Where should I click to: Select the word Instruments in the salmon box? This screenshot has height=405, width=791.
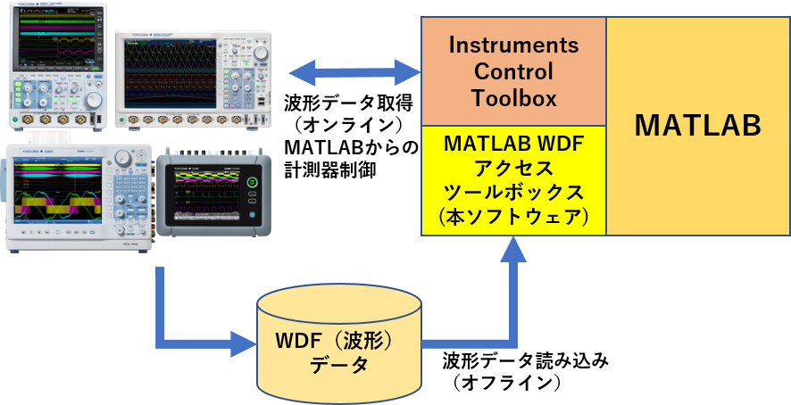tap(513, 45)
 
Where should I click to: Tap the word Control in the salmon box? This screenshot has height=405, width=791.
tap(513, 71)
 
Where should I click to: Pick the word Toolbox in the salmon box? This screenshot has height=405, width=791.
tap(513, 98)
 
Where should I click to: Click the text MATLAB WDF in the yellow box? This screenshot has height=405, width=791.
tap(514, 142)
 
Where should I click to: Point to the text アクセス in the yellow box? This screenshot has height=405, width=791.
tap(514, 167)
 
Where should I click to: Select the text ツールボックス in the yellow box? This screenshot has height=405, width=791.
tap(514, 192)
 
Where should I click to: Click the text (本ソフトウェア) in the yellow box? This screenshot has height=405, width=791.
tap(514, 217)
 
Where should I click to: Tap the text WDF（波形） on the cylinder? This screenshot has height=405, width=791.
tap(338, 343)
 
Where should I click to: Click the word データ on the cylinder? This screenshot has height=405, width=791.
tap(338, 368)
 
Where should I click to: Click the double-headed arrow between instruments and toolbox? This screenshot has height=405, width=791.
tap(354, 71)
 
